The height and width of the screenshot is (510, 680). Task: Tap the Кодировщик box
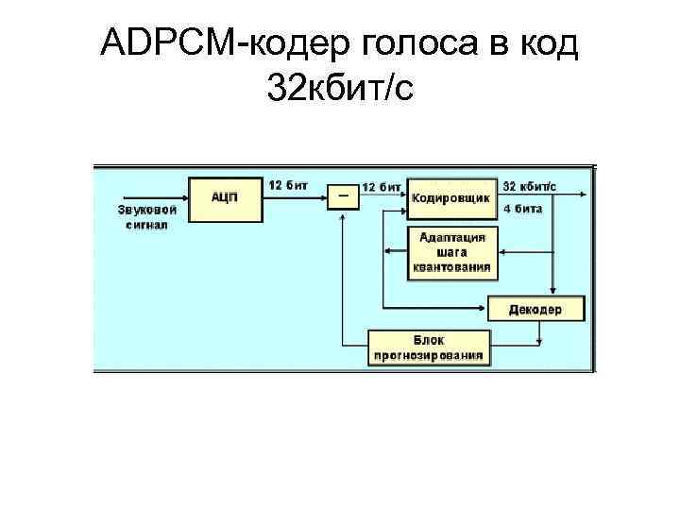[x=451, y=198]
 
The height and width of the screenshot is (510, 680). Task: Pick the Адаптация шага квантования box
[x=451, y=252]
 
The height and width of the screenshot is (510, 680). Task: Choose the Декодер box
[x=535, y=309]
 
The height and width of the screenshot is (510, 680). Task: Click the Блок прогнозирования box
[x=429, y=348]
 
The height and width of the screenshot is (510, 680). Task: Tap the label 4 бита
[x=522, y=208]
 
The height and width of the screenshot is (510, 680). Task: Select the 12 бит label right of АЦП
[x=287, y=185]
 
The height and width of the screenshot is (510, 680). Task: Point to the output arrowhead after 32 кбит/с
[x=586, y=196]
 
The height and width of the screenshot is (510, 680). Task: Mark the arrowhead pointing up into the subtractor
[x=342, y=214]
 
